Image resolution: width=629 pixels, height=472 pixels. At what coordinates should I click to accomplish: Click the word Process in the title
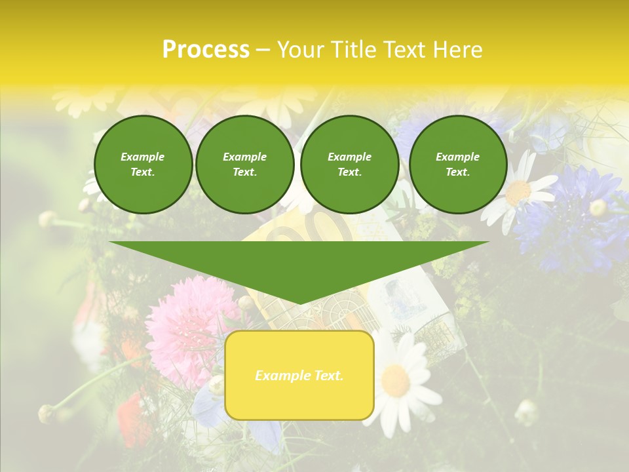click(206, 50)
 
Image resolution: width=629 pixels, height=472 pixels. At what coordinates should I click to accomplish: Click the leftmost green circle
click(143, 164)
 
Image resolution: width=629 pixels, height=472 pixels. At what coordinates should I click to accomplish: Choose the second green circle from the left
click(245, 164)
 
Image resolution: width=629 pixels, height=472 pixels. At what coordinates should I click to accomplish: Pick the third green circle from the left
click(349, 164)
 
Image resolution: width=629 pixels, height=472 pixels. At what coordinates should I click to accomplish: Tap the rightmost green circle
click(457, 164)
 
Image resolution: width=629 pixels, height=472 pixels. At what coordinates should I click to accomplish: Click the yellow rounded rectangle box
click(299, 375)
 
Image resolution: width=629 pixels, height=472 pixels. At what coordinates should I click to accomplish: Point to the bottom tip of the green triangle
click(300, 304)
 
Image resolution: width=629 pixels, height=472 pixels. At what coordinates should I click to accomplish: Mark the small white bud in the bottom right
click(526, 412)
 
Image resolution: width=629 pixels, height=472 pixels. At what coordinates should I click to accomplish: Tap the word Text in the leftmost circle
click(143, 172)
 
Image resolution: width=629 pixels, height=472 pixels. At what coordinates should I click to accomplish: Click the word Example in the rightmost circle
click(457, 157)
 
